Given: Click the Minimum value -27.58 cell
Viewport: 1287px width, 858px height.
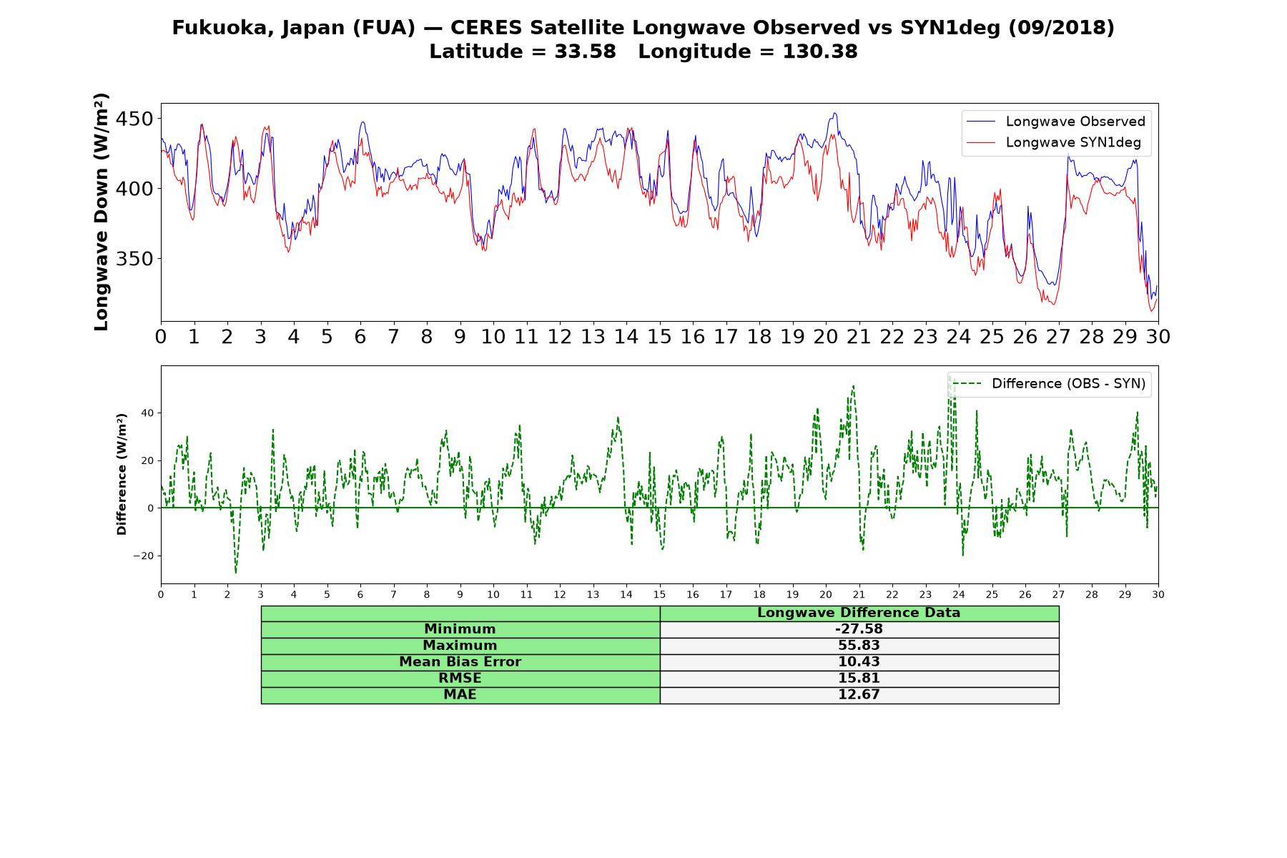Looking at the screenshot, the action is (x=859, y=629).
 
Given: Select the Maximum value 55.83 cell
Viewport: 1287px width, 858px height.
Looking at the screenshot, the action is (x=859, y=646).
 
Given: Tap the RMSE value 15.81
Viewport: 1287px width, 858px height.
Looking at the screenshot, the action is (x=859, y=678).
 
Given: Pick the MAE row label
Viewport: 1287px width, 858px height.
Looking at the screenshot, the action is (x=460, y=694).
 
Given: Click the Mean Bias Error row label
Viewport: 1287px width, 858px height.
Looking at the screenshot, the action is (x=460, y=662).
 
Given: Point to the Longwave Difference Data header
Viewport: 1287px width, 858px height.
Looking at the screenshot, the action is (x=859, y=613).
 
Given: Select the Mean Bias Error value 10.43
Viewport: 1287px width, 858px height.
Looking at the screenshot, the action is (x=859, y=662).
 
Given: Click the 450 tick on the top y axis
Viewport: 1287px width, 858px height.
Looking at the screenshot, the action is (x=134, y=119).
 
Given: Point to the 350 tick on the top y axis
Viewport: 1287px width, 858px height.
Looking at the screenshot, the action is (x=134, y=259).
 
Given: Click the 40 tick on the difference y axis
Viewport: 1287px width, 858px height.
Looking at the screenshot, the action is (x=147, y=413).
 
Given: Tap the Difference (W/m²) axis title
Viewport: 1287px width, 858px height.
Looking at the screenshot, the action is (x=122, y=474).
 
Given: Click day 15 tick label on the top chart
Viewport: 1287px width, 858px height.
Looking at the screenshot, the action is (x=659, y=337).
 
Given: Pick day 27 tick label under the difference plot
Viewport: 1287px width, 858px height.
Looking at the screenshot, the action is (x=1058, y=594).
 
